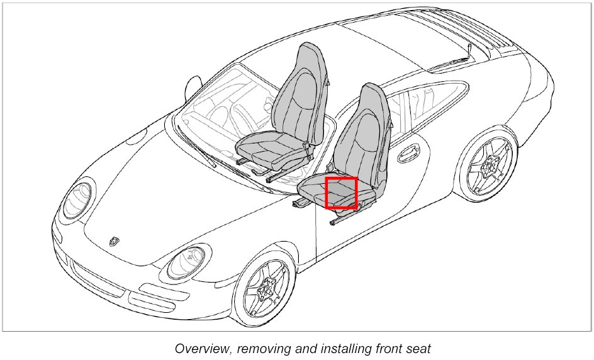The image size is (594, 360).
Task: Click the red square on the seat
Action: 342,193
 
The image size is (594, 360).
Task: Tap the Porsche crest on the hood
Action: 114,240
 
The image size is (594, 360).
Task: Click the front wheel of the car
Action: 266,290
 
